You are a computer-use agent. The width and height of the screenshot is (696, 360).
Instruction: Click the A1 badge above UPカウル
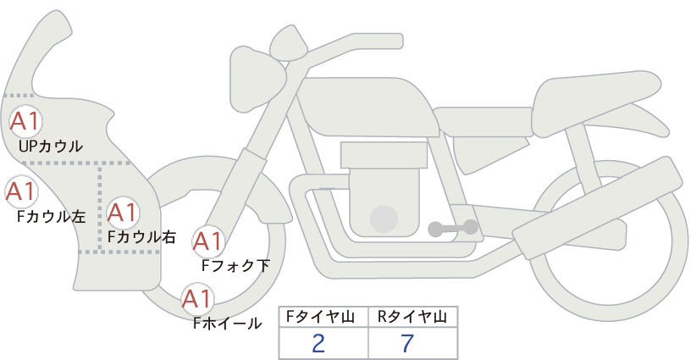(x=25, y=121)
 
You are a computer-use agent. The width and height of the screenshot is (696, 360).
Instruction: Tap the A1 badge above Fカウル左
(x=21, y=191)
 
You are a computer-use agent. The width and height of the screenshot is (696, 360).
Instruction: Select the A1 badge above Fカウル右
(x=123, y=212)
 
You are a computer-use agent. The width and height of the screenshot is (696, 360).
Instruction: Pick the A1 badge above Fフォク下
(x=208, y=241)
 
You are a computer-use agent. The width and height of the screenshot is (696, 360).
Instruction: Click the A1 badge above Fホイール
(x=197, y=298)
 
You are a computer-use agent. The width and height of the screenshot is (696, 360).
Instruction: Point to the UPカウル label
(x=51, y=146)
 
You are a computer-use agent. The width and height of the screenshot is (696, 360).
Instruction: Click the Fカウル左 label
(x=51, y=216)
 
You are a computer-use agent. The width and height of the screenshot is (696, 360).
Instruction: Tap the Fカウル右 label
(x=141, y=236)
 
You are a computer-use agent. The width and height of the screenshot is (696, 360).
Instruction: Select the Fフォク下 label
(x=235, y=265)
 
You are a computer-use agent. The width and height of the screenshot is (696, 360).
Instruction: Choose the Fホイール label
(x=227, y=324)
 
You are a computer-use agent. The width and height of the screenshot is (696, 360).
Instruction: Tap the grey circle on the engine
(x=384, y=219)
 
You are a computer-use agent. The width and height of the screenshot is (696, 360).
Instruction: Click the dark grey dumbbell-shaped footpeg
(x=453, y=228)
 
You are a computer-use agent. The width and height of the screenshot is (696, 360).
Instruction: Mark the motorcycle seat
(x=594, y=102)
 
